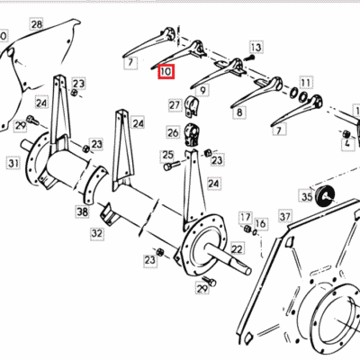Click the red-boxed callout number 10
pos(166,72)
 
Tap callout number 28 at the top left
pos(37,24)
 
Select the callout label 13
pos(256,48)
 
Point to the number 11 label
pos(305,83)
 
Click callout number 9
pos(203,90)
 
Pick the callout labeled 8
pos(239,112)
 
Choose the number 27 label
pos(175,105)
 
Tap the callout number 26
pos(173,132)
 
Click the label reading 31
pos(13,164)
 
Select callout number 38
pos(82,211)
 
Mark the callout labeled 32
pos(96,233)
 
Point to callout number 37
pos(285,216)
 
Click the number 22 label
pos(237,248)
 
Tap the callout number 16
pos(260,223)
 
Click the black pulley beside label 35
pos(326,196)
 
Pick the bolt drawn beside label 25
pos(172,166)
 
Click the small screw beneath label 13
pos(251,57)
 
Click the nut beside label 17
pos(247,229)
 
